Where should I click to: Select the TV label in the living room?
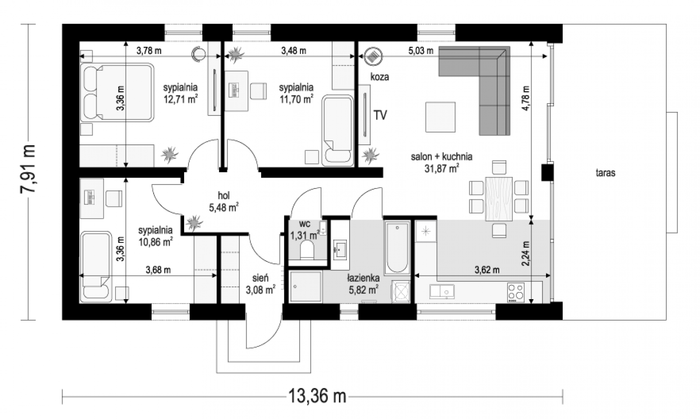tap(380, 115)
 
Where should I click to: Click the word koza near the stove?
tap(380, 77)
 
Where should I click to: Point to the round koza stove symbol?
tap(373, 56)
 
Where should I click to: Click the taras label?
tap(605, 173)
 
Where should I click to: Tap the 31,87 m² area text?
tap(441, 169)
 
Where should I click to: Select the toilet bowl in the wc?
tap(307, 251)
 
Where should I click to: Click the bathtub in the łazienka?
tap(397, 248)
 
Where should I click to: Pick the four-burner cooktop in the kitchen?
tap(516, 293)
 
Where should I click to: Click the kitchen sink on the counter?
tap(442, 291)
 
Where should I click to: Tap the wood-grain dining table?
tap(499, 199)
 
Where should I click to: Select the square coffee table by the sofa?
tap(440, 117)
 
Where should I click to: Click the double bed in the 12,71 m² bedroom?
tap(117, 92)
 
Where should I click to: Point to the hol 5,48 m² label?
tap(224, 202)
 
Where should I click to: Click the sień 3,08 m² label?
tap(260, 284)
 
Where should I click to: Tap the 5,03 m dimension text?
tap(420, 51)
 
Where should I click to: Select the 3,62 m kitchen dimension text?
tap(487, 270)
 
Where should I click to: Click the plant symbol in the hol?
tap(194, 223)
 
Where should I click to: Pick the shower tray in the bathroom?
tap(306, 287)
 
